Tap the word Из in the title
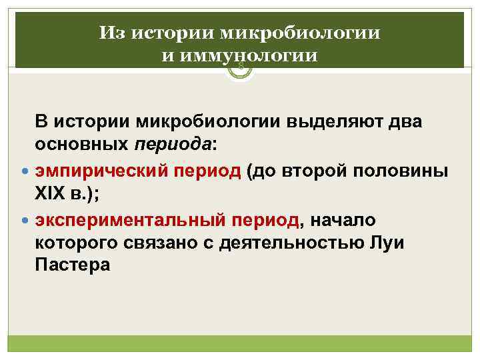tap(111, 33)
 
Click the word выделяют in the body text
tap(341, 122)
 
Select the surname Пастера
tap(72, 265)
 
